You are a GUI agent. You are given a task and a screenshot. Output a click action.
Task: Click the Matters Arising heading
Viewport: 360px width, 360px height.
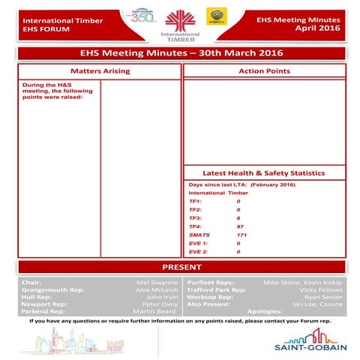click(100, 71)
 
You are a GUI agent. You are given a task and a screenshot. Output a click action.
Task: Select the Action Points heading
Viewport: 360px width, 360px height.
click(263, 71)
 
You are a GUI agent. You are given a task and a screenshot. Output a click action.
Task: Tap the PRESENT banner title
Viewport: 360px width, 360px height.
click(180, 267)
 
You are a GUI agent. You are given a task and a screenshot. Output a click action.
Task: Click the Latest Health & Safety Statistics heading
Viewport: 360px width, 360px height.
click(263, 172)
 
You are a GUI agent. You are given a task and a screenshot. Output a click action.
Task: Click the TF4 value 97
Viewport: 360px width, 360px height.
click(240, 226)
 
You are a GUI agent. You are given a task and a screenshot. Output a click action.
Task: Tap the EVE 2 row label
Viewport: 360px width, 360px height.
click(198, 252)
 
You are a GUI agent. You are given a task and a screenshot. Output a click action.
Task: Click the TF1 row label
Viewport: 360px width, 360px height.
click(195, 201)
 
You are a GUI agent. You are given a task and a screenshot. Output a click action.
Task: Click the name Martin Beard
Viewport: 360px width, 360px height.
click(154, 311)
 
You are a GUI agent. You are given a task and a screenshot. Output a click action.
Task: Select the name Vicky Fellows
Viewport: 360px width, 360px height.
click(322, 289)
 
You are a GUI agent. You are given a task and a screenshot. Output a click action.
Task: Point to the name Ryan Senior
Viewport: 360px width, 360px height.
click(324, 297)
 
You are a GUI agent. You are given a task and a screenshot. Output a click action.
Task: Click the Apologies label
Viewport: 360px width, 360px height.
click(264, 311)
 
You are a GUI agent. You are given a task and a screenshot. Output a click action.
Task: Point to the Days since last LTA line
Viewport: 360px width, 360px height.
click(241, 184)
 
